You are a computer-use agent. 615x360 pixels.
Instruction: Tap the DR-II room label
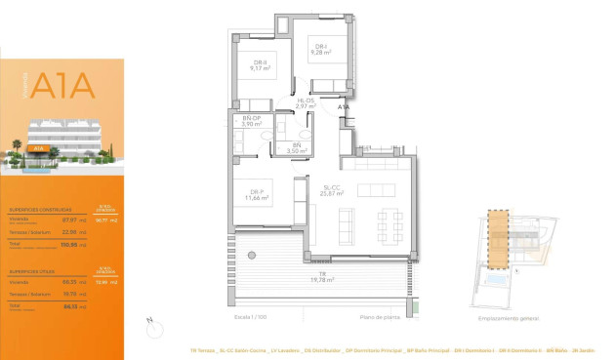259,65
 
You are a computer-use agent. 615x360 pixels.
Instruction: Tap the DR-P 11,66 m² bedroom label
260,194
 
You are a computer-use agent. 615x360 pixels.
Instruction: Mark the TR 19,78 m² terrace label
322,277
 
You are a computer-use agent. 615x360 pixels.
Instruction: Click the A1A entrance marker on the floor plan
343,107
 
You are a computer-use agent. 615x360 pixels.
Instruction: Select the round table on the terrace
251,256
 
